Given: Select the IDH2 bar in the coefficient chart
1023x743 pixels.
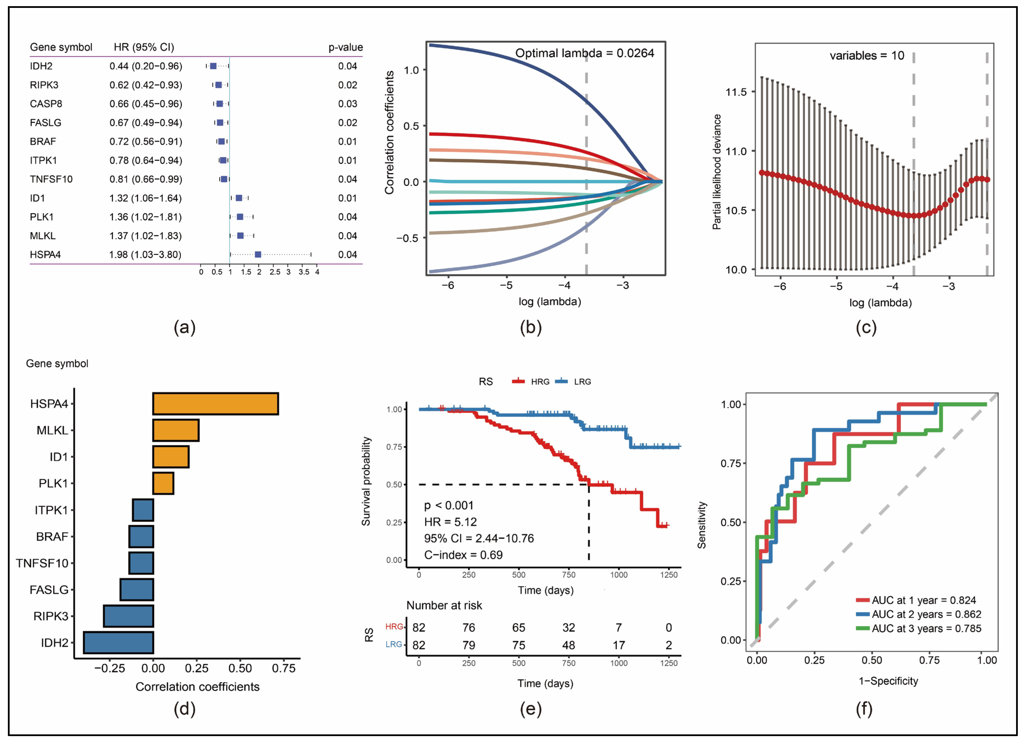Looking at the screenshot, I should coord(119,642).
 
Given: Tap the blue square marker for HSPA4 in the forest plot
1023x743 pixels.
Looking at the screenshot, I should coord(258,254).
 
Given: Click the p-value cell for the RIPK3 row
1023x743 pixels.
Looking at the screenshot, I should coord(347,85).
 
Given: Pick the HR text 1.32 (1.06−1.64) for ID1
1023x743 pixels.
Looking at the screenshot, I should coord(145,198).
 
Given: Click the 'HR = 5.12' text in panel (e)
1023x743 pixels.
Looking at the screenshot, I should coord(450,522).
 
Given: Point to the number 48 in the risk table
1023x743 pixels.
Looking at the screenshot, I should coord(568,645).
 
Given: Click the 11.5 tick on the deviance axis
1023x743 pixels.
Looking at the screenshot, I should coord(736,92).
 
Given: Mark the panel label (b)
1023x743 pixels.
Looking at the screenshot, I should coord(530,327).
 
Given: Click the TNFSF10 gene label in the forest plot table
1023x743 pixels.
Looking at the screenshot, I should coord(51,179).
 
